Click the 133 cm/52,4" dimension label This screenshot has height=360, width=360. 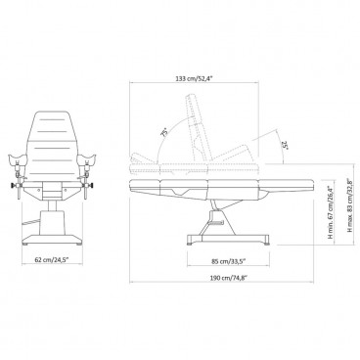tap(194, 78)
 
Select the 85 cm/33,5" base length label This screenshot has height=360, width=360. tap(228, 261)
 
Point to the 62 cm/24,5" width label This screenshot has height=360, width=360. tap(52, 260)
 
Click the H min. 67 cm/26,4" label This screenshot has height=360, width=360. tap(331, 211)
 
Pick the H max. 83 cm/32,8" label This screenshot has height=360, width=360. tap(350, 205)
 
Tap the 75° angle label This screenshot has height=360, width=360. tap(165, 132)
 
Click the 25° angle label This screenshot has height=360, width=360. tap(285, 145)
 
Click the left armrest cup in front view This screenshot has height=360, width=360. tap(17, 158)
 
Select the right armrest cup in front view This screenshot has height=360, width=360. tap(87, 158)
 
